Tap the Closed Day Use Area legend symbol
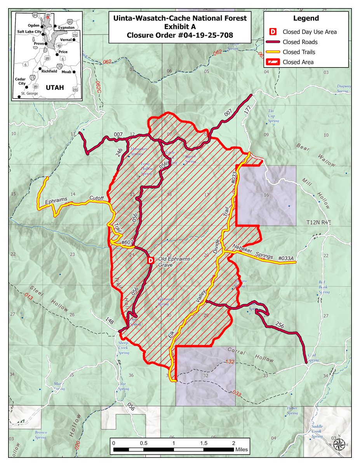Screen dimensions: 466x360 (x=273, y=32)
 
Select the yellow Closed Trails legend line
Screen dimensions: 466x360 (x=273, y=52)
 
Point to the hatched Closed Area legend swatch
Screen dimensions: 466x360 (x=273, y=62)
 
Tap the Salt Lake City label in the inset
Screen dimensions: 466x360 (x=31, y=31)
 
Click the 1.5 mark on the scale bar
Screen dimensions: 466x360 (x=204, y=443)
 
